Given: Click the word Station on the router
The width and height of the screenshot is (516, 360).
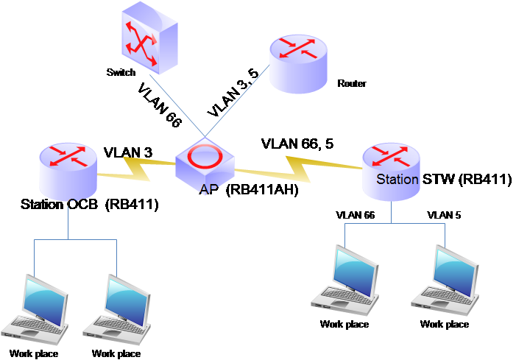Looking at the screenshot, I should (x=397, y=179).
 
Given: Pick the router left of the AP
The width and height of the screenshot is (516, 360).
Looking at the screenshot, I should (x=68, y=171).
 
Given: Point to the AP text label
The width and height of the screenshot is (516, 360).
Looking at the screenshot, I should (x=208, y=190).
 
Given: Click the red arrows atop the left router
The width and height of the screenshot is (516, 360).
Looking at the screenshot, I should (x=68, y=155).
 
